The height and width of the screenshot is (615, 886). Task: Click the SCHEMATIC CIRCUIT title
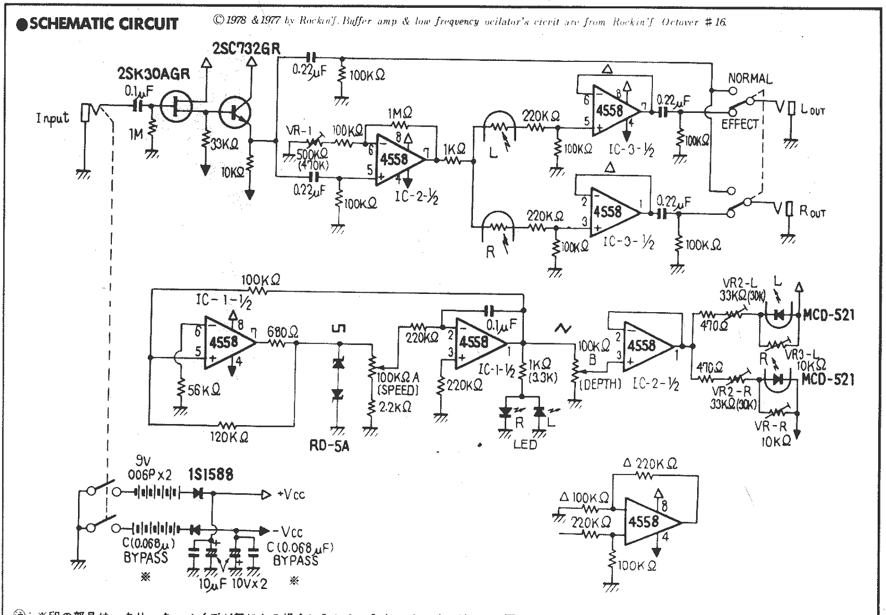point(97,24)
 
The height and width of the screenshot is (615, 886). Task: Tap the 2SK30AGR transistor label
point(153,74)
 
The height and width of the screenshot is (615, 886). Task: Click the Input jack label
point(53,118)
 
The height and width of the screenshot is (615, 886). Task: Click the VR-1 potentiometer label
point(300,131)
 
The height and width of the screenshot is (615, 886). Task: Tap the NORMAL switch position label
point(749,79)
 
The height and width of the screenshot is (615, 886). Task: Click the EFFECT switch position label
point(739,125)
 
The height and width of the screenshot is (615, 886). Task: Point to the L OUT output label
point(812,110)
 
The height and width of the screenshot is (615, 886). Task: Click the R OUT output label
point(812,211)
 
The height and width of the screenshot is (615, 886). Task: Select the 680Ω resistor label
point(282,332)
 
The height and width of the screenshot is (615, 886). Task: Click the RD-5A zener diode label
point(329,446)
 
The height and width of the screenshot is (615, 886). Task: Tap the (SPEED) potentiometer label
point(398,390)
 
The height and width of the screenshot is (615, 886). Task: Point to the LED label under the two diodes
point(524,445)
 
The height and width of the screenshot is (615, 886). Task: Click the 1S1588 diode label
point(210,474)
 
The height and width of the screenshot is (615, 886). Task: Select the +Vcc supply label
point(291,494)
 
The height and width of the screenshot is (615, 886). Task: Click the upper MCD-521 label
point(828,315)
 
